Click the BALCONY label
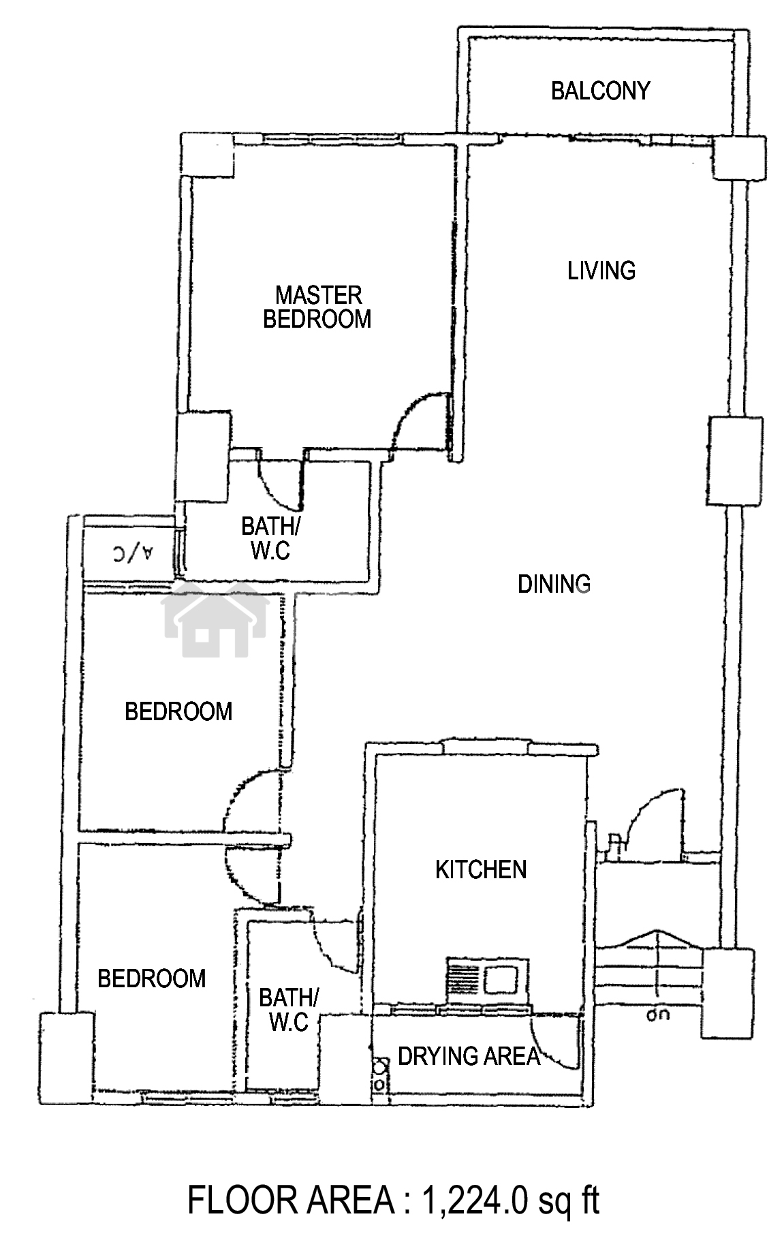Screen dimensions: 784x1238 pyautogui.click(x=600, y=91)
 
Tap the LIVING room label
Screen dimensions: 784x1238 pyautogui.click(x=601, y=270)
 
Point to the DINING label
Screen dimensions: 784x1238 pyautogui.click(x=554, y=584)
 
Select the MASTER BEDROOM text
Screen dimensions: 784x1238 pyautogui.click(x=317, y=307)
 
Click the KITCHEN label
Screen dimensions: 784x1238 pyautogui.click(x=481, y=869)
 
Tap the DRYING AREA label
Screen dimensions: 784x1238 pyautogui.click(x=469, y=1056)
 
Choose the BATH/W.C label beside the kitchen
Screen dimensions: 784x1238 pyautogui.click(x=288, y=1010)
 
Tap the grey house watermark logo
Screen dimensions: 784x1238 pyautogui.click(x=215, y=619)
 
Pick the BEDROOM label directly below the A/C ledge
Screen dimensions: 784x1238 pyautogui.click(x=178, y=711)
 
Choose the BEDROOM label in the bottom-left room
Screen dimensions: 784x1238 pyautogui.click(x=151, y=978)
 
